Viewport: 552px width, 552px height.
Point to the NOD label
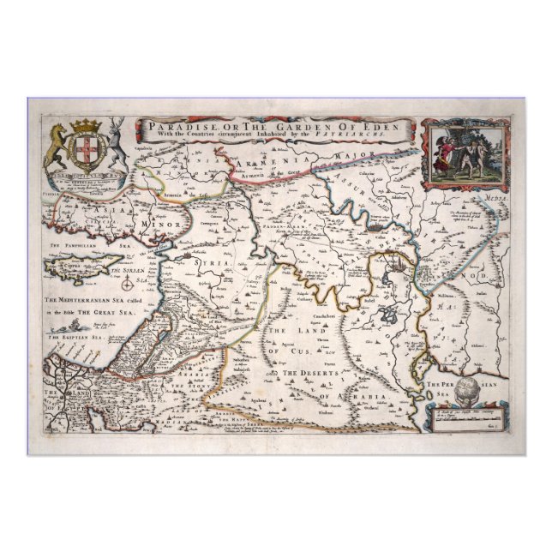[477, 276]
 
